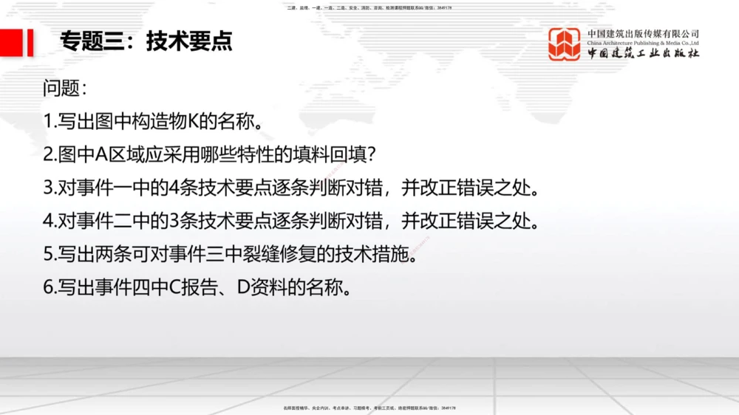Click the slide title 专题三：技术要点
146,41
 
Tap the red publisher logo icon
564,44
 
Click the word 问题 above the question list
61,88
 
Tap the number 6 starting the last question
48,287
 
